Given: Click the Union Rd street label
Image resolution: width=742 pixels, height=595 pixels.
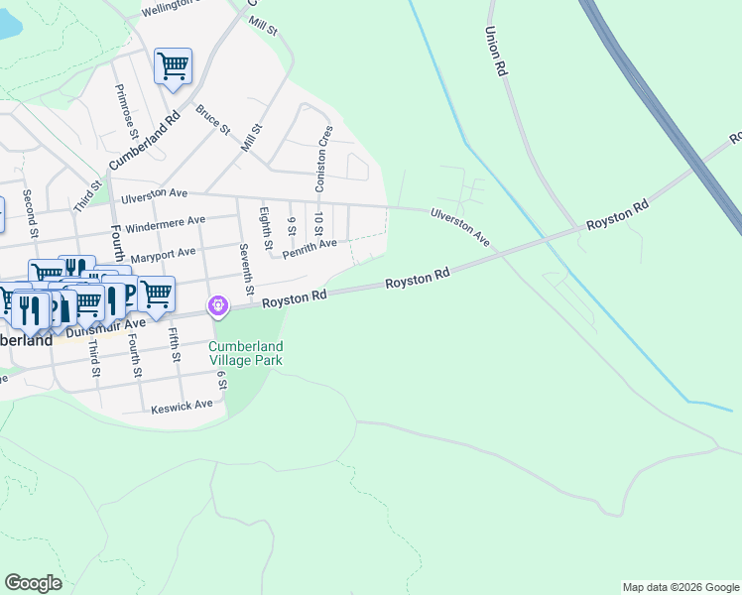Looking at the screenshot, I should tap(496, 52).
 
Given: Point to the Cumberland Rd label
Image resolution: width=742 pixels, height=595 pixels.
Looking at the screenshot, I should tap(144, 138).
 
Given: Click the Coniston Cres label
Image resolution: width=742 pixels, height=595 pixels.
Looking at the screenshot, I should tap(322, 158).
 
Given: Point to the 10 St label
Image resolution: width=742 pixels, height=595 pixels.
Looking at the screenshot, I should tap(317, 225).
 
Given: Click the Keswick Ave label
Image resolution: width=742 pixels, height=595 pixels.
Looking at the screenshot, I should tap(182, 406).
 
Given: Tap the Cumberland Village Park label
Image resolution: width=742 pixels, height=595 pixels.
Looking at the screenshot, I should tap(245, 353).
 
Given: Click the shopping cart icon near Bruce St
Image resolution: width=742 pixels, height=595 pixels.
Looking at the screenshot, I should tap(174, 67).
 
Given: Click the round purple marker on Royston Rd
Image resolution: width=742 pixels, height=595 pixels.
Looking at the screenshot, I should tap(218, 307).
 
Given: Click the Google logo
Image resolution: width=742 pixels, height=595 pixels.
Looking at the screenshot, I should tap(33, 583).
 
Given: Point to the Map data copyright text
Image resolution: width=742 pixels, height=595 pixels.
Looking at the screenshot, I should tap(680, 587).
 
